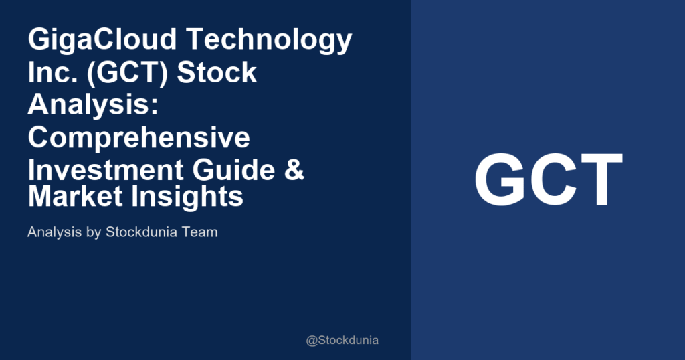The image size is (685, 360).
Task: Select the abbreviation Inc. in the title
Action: [49, 72]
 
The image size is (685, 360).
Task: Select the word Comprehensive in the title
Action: [139, 137]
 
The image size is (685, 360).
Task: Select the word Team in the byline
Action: [201, 233]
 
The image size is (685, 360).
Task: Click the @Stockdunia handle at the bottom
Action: [342, 340]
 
